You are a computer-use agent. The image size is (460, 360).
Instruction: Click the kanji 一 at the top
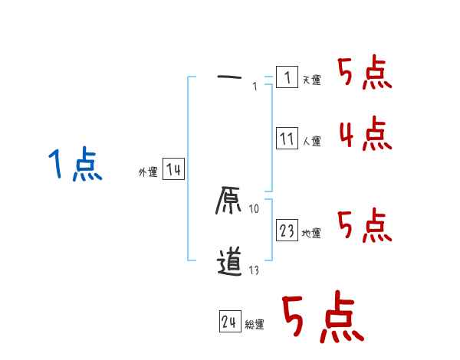click(230, 77)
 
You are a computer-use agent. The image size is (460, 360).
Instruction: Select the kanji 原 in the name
click(230, 201)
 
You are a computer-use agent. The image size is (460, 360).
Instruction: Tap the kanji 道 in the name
click(230, 261)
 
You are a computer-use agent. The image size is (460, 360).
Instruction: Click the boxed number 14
click(173, 170)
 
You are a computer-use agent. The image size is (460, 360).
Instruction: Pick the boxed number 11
click(287, 139)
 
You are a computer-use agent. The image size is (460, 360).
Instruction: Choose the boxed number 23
click(287, 231)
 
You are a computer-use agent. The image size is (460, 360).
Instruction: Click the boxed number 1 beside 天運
click(287, 77)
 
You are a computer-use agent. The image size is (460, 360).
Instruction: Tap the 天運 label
click(312, 80)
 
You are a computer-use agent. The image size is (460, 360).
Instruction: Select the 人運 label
click(312, 141)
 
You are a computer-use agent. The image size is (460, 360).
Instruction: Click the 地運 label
click(312, 233)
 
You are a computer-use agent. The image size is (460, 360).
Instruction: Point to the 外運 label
click(148, 172)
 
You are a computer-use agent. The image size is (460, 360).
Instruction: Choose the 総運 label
click(255, 325)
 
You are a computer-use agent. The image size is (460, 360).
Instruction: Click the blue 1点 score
click(74, 165)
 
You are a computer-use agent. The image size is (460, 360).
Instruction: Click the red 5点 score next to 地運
click(366, 225)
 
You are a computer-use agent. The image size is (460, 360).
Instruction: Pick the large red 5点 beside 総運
click(322, 318)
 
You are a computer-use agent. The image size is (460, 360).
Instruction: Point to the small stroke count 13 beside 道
click(255, 270)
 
